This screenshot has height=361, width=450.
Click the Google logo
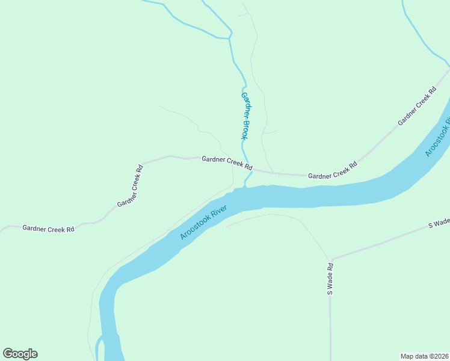point(20,354)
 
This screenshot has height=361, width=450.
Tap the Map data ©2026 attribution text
point(425,356)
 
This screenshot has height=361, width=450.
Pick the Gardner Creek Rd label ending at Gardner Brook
point(227,162)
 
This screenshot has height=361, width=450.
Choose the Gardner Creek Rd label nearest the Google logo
point(48,229)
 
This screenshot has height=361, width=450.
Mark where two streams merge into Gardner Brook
point(230,39)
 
